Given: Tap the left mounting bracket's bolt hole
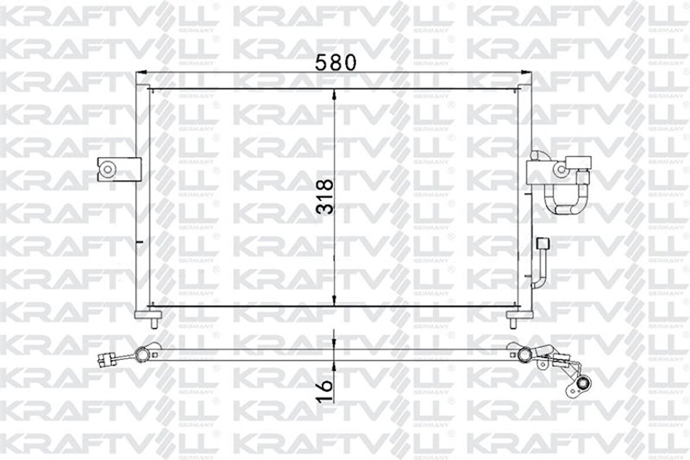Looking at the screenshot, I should (x=108, y=169).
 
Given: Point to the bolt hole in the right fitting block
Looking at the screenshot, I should (x=560, y=170).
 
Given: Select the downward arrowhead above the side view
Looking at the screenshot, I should (x=334, y=342).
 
